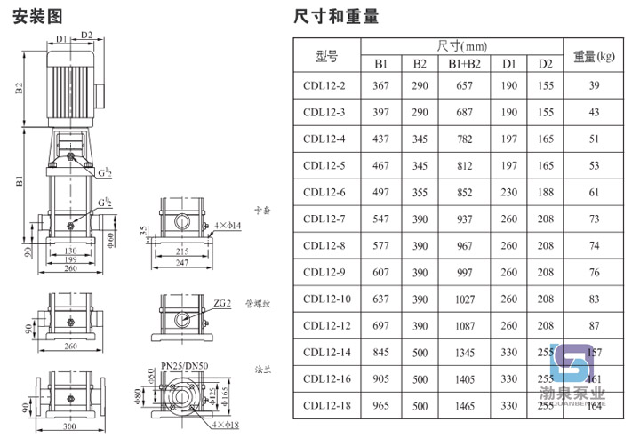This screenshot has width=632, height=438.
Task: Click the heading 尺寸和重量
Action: click(x=336, y=15)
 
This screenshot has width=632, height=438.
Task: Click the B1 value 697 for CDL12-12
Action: click(x=380, y=326)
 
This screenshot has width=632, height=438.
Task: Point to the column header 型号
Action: click(x=326, y=56)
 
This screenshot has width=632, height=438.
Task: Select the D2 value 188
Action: click(x=545, y=193)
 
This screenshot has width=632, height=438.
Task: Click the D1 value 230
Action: click(x=508, y=193)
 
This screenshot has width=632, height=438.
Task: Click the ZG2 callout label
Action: click(x=221, y=303)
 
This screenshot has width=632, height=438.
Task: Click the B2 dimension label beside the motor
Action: click(x=18, y=87)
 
